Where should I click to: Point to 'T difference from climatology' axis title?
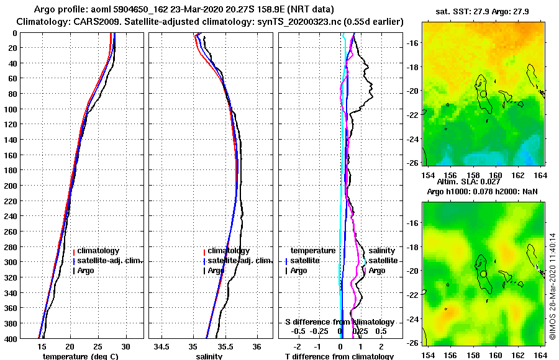339,356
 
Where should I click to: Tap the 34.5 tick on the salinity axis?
163,346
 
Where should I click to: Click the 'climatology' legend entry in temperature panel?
98,250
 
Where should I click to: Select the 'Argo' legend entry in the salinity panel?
216,271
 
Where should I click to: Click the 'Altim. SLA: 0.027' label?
468,182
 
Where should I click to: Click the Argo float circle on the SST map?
483,94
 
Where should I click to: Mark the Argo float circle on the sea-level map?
483,273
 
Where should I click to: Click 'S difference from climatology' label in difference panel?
339,322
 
